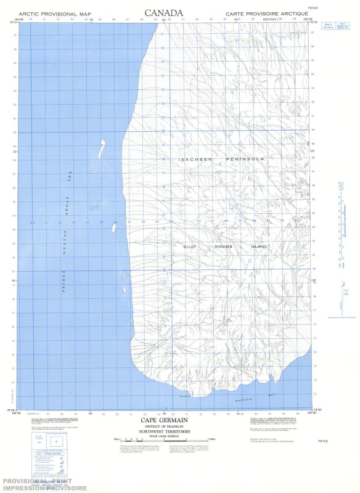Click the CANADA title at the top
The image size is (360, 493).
coord(163,12)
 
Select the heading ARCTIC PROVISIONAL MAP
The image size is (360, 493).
coord(55,13)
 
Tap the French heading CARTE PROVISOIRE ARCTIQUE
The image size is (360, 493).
coord(266,13)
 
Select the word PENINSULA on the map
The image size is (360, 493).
coord(245,159)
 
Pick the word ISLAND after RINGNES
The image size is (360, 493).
coord(258,246)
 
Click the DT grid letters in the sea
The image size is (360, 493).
coord(94,208)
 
